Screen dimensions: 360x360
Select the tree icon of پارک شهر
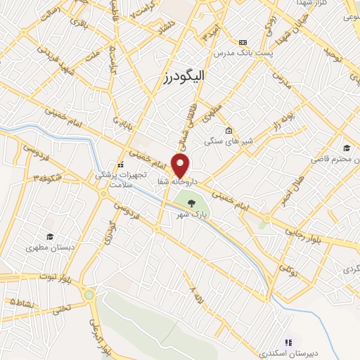(x=193, y=205)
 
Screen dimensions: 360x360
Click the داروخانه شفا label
(x=181, y=181)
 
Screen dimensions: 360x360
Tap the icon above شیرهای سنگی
(x=229, y=131)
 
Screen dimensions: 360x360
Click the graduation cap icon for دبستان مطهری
(x=49, y=236)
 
